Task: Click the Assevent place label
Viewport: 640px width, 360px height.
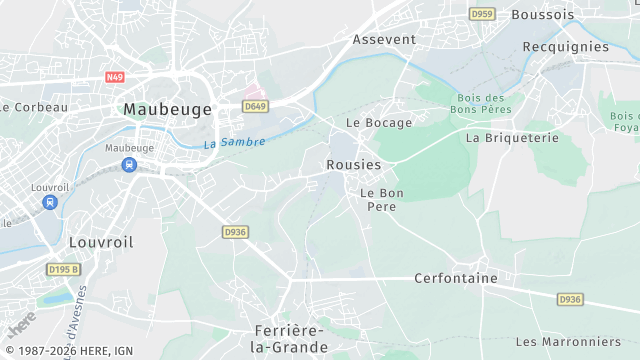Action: point(384,39)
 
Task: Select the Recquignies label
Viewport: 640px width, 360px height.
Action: point(565,46)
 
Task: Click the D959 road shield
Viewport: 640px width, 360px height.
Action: point(482,14)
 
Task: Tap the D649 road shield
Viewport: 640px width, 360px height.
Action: point(254,106)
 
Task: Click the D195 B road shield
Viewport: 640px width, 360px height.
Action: point(62,269)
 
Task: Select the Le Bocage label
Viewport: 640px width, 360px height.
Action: point(379,122)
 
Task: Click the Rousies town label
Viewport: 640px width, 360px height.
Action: point(354,164)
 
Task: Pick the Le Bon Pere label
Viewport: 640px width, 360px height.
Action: point(381,199)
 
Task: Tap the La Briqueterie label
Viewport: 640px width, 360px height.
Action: point(512,138)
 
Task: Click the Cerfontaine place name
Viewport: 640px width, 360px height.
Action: point(455,278)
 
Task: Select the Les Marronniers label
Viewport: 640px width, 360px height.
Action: point(568,341)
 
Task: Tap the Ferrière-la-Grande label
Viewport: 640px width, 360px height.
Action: point(290,338)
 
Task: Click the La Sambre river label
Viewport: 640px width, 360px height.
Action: point(236,143)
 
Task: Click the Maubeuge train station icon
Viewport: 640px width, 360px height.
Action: point(129,165)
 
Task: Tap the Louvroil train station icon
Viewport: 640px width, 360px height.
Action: point(50,202)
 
